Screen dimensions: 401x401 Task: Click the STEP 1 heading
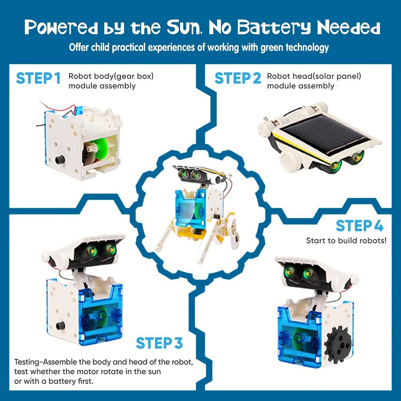38,78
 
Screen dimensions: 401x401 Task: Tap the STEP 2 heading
238,78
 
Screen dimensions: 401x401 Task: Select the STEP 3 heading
159,343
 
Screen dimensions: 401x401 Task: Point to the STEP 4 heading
359,226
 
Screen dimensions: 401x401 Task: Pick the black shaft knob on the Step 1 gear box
60,160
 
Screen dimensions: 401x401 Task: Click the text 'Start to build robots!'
346,241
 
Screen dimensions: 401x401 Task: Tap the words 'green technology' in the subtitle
294,47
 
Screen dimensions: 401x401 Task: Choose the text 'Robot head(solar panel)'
314,76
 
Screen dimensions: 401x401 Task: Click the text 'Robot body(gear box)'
111,76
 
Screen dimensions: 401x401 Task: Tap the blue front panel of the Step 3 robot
101,314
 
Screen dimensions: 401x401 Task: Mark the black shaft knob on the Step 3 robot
60,325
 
